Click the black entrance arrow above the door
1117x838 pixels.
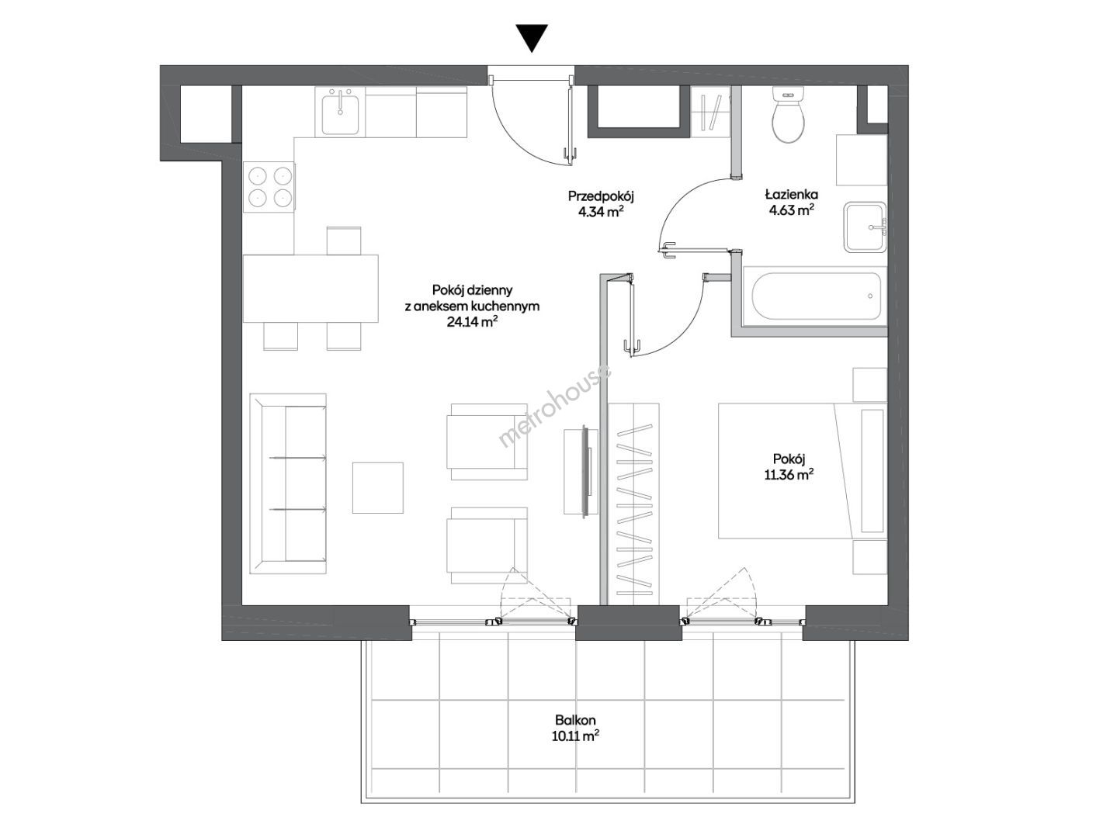(x=532, y=38)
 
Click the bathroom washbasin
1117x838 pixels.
(x=866, y=227)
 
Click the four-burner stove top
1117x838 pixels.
(x=269, y=187)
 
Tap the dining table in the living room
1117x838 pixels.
(x=310, y=289)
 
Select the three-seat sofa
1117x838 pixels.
(x=288, y=483)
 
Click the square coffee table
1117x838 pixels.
(x=378, y=487)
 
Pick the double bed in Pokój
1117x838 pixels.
(x=803, y=471)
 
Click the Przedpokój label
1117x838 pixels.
(x=601, y=196)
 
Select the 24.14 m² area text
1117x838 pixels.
(x=472, y=322)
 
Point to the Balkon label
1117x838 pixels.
(x=575, y=721)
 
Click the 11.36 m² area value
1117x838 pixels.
(x=789, y=475)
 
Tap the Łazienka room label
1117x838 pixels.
(x=791, y=194)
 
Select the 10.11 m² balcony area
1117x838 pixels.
(x=575, y=736)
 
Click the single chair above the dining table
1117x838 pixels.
(x=344, y=241)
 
